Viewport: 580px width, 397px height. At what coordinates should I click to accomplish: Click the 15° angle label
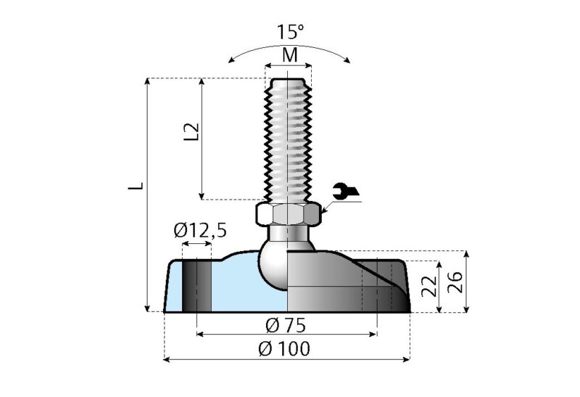(290, 33)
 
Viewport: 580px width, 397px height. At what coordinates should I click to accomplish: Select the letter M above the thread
(289, 55)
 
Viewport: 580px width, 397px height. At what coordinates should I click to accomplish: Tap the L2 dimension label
(191, 131)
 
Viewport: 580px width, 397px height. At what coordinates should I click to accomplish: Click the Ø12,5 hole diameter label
(200, 231)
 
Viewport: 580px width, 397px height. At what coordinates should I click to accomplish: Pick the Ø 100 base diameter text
(284, 348)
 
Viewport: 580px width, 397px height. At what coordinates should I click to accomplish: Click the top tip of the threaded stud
(288, 79)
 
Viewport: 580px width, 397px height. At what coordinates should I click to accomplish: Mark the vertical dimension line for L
(149, 218)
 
